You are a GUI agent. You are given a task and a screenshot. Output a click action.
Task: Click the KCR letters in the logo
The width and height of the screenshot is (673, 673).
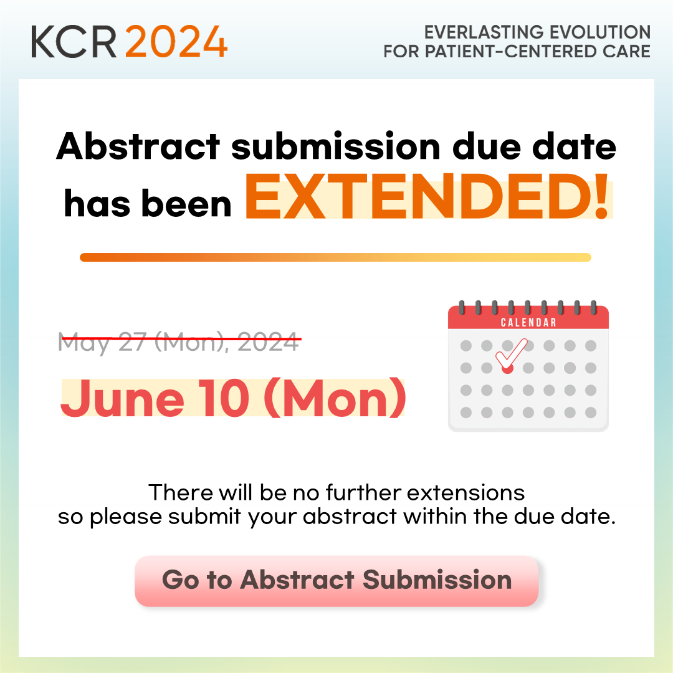point(74,42)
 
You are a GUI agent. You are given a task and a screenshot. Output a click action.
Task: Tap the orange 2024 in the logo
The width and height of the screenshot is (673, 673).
point(176,42)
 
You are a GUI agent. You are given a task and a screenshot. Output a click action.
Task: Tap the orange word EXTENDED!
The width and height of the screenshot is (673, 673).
point(427,196)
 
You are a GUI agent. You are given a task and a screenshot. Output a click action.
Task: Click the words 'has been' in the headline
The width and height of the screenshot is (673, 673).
point(148,203)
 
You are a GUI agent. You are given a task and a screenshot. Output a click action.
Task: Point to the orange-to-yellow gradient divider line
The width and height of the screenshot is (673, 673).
point(336,257)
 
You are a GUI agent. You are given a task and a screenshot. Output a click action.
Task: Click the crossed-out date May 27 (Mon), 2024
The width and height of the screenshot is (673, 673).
point(179,342)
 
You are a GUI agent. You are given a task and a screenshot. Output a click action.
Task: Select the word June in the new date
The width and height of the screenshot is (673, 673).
point(123,398)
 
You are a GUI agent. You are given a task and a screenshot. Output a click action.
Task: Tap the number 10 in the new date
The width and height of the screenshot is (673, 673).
point(224,398)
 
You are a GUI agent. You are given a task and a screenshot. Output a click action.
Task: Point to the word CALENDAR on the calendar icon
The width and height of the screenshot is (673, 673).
point(528,322)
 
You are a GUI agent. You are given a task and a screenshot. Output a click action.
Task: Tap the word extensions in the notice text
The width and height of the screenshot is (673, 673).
point(465,493)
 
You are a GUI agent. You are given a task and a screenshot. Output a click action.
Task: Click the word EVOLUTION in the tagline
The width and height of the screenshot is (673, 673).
point(601,32)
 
